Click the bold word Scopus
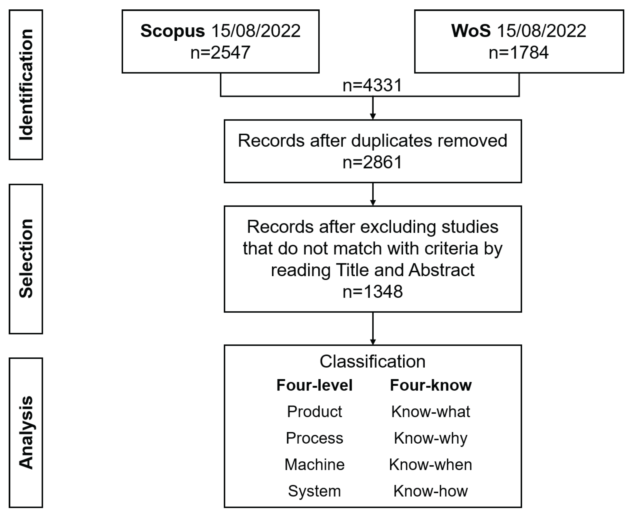(172, 31)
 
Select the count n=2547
(220, 53)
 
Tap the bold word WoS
(471, 31)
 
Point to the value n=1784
(519, 53)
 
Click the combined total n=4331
(373, 85)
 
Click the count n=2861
(373, 163)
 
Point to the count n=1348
(373, 292)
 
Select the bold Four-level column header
(314, 385)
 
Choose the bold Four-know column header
(431, 385)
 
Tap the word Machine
(314, 465)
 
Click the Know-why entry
(431, 438)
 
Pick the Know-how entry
(431, 491)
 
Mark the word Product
(314, 412)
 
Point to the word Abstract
(441, 270)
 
